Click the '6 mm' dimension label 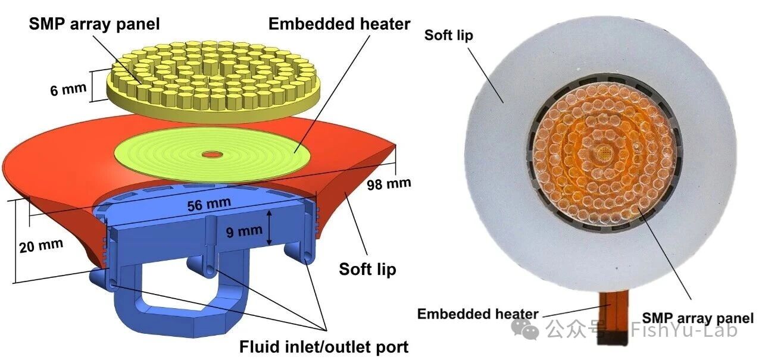(x=68, y=89)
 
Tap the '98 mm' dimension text (x=389, y=184)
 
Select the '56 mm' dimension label (x=209, y=204)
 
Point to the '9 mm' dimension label (x=244, y=231)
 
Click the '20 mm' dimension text (x=41, y=245)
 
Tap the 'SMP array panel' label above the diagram (x=94, y=24)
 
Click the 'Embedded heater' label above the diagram (x=339, y=24)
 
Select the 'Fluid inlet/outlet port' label (x=324, y=347)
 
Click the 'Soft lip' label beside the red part (x=367, y=269)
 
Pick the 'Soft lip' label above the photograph (x=448, y=35)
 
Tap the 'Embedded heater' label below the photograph (x=477, y=314)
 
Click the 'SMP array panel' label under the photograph (x=698, y=318)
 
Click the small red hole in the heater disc (x=213, y=155)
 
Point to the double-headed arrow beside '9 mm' (x=269, y=228)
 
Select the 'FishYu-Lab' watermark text (x=684, y=329)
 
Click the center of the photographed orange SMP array (x=604, y=155)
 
